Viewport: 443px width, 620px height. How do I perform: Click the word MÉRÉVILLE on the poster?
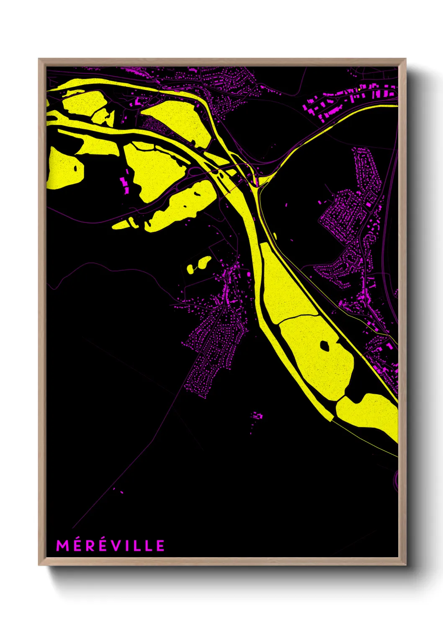pyautogui.click(x=111, y=545)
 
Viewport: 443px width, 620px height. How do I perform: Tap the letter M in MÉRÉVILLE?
pyautogui.click(x=61, y=545)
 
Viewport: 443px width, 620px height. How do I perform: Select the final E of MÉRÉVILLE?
pyautogui.click(x=161, y=545)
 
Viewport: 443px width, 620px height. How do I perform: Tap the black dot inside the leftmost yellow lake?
pyautogui.click(x=75, y=169)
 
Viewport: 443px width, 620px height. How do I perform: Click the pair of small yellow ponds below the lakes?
pyautogui.click(x=198, y=265)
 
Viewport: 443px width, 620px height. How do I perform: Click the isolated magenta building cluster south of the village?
pyautogui.click(x=257, y=416)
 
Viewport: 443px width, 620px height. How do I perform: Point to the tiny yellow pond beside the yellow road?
pyautogui.click(x=275, y=236)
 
